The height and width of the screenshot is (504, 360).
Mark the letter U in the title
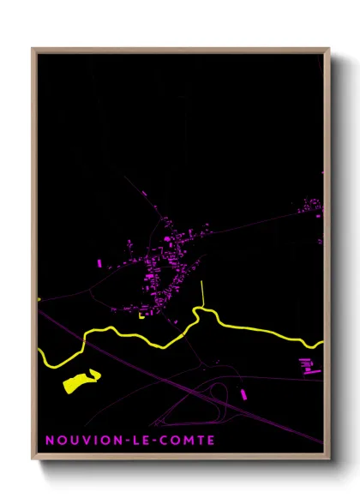70,441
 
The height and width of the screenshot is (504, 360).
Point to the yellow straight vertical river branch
201,294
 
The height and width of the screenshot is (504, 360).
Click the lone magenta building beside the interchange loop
243,393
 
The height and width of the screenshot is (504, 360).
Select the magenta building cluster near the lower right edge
308,366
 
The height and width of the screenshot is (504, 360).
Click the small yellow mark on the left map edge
39,300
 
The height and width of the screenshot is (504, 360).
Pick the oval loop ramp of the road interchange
218,396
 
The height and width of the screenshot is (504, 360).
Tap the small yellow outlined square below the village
141,314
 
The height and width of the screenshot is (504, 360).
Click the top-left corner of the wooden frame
33,48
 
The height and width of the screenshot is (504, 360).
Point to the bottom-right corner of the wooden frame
329,460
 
